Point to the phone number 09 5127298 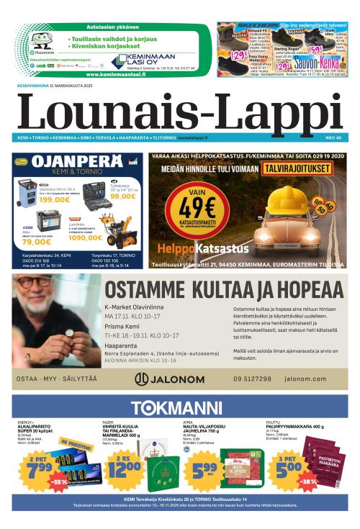252,379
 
